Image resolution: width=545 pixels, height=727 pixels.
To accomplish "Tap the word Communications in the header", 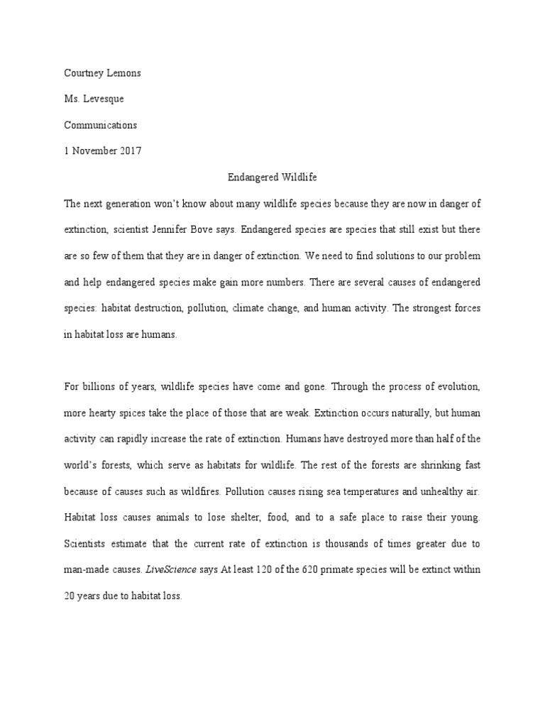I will tap(100, 125).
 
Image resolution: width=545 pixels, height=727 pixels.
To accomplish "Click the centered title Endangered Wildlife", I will tap(272, 177).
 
